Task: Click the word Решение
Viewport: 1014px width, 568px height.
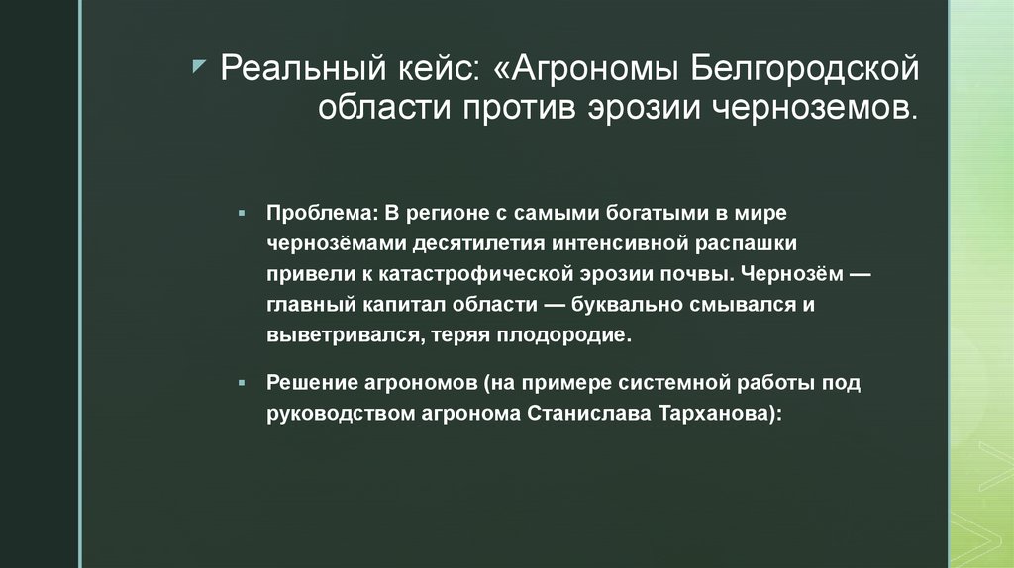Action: click(305, 382)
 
